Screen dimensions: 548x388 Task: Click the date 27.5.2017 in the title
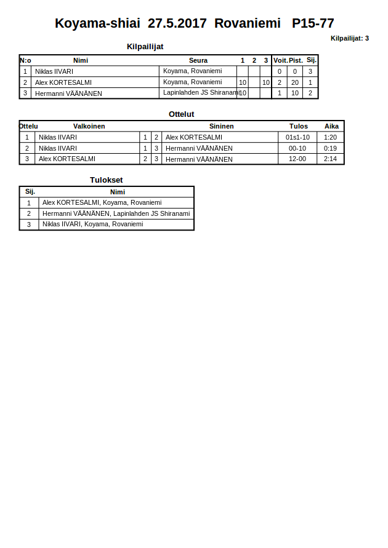coord(177,23)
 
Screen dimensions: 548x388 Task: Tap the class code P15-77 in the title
coord(313,23)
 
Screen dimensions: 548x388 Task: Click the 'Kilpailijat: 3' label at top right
coord(349,38)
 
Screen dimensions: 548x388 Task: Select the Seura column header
coord(198,60)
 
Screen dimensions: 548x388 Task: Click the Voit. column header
coord(280,60)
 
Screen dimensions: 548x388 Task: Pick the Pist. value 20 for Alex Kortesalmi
coord(295,82)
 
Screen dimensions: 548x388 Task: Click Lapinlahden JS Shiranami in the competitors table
coord(201,93)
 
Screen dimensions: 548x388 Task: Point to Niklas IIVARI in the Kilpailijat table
coord(54,71)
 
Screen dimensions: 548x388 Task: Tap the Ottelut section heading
coord(182,114)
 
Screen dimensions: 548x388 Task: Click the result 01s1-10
coord(298,137)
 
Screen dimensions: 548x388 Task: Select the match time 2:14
coord(331,159)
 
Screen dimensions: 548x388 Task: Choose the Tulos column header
coord(299,126)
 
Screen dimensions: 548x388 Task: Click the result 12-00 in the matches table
coord(297,159)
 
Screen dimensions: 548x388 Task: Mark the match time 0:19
coord(331,148)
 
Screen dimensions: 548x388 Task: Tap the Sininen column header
coord(222,126)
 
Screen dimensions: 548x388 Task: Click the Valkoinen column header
coord(89,126)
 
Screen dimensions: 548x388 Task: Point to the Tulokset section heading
coord(107,180)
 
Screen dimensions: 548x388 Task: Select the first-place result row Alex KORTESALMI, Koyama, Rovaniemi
coord(102,202)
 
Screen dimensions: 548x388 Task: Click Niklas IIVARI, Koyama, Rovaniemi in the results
coord(92,224)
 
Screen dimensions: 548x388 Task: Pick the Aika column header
coord(331,126)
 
